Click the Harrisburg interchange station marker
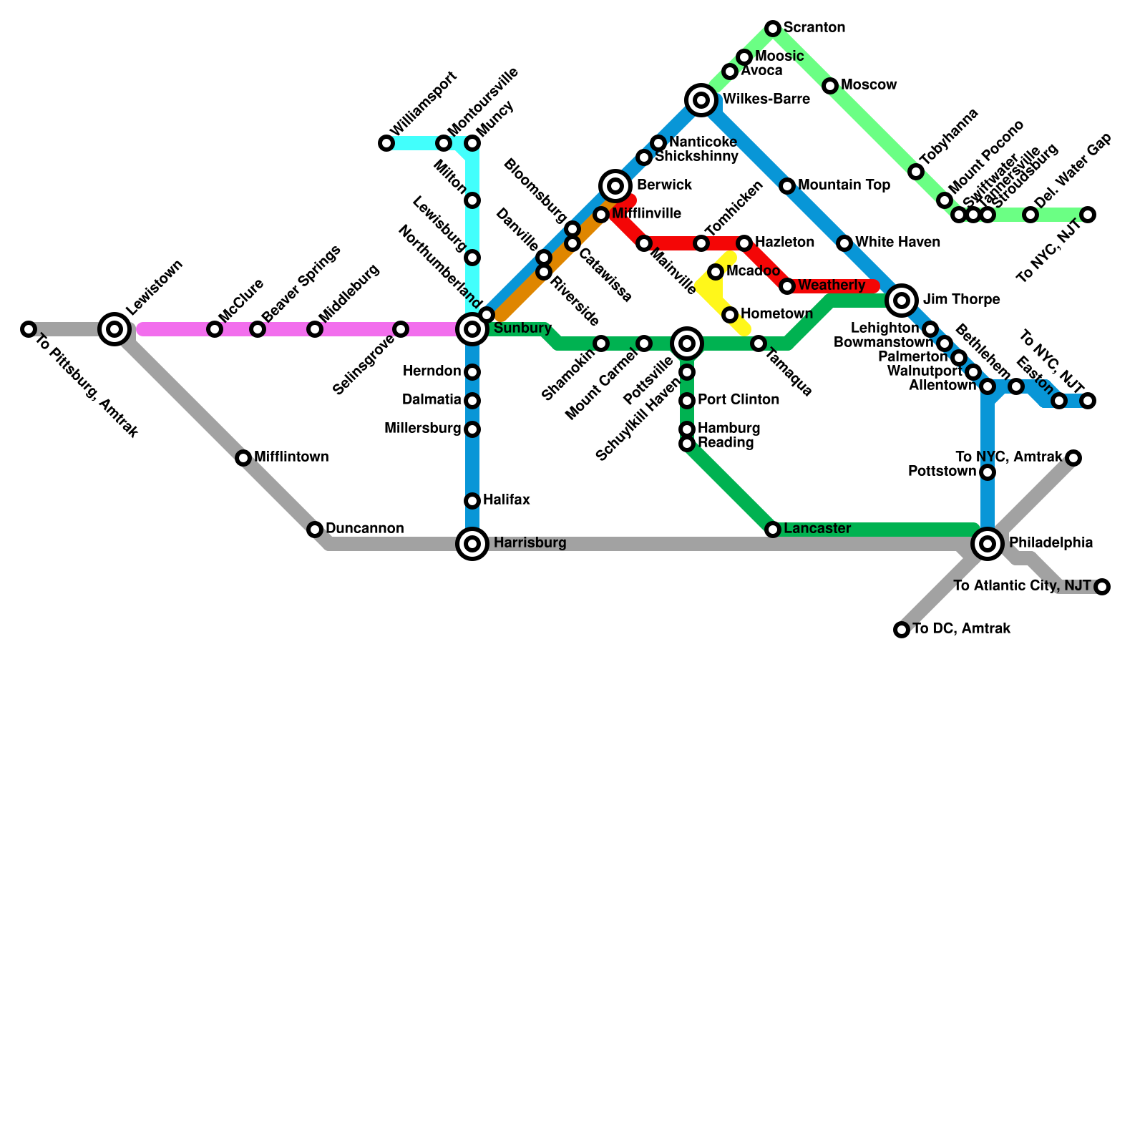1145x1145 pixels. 472,544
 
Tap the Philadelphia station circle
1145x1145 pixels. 988,544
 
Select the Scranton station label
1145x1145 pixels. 814,28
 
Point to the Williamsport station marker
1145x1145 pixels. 386,143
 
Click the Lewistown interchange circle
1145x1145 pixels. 114,329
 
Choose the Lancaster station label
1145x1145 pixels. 817,529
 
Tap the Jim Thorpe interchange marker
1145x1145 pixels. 902,301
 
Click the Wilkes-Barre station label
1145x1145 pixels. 766,99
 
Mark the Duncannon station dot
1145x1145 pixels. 315,530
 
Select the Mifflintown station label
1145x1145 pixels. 291,457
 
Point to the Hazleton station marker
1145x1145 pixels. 744,243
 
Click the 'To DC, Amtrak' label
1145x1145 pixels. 961,629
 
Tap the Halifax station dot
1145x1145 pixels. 472,501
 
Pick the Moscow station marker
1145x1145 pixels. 830,86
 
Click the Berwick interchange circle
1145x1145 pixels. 615,186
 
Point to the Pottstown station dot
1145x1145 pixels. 988,472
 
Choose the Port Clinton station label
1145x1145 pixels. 739,399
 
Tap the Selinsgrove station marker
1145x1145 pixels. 401,329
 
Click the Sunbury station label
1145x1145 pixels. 522,328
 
